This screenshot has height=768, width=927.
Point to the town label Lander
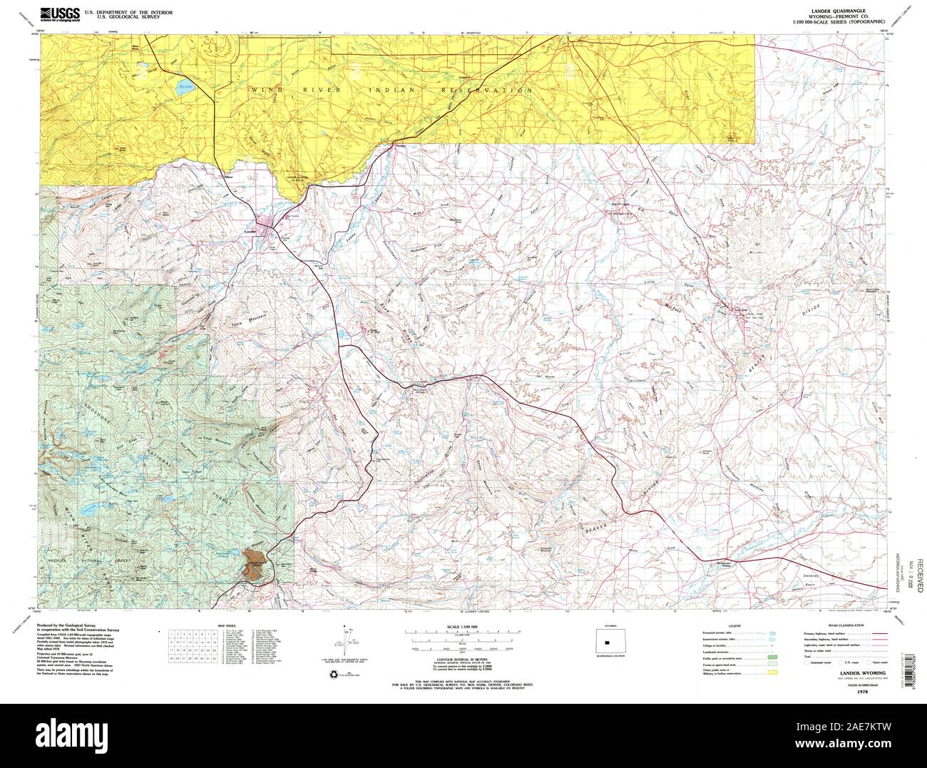point(250,232)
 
